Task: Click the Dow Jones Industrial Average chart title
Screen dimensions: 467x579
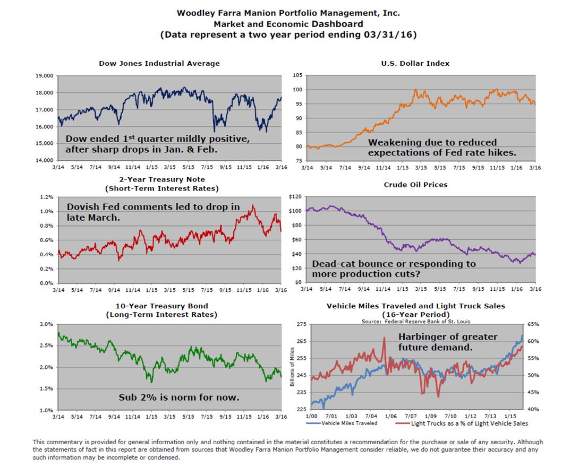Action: pyautogui.click(x=159, y=63)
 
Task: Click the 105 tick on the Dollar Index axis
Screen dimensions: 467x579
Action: pyautogui.click(x=298, y=75)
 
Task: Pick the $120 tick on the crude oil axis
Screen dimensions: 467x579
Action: pyautogui.click(x=295, y=197)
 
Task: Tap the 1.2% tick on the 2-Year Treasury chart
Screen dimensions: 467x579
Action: pyautogui.click(x=46, y=197)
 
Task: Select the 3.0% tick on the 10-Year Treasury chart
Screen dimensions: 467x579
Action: pyautogui.click(x=46, y=324)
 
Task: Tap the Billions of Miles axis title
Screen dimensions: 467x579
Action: pyautogui.click(x=293, y=367)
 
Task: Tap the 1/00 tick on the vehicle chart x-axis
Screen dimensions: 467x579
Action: pyautogui.click(x=311, y=417)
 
